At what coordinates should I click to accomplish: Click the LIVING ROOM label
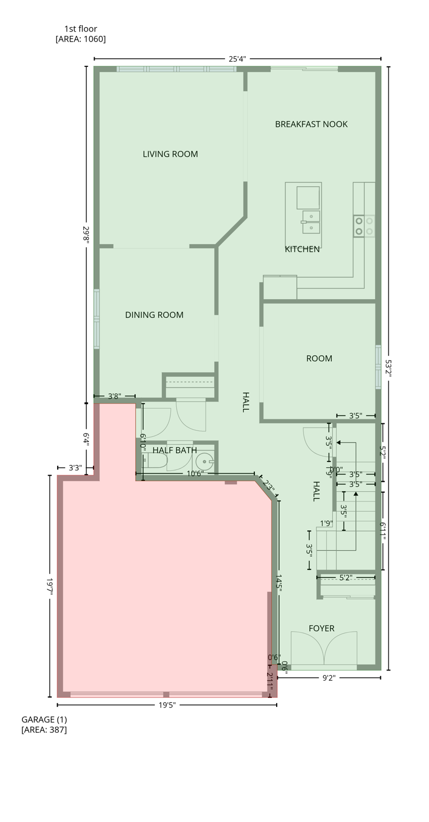coord(170,154)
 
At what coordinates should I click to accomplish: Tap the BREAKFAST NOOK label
coord(311,124)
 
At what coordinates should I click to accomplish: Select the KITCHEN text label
coord(302,249)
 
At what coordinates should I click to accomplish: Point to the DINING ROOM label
coord(154,315)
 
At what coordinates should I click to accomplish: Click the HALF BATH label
coord(175,450)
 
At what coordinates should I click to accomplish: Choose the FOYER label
coord(321,628)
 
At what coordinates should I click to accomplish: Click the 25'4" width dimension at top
coord(237,59)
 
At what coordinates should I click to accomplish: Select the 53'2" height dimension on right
coord(388,368)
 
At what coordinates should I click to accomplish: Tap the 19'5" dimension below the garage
coord(167,705)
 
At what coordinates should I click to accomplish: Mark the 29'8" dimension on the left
coord(86,234)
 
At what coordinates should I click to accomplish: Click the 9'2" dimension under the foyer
coord(329,678)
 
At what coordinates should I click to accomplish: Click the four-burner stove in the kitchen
coord(364,226)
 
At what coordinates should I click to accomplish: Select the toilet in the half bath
coord(154,460)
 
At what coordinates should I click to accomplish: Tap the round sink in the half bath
coord(205,461)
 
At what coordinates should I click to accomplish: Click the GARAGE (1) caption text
coord(44,719)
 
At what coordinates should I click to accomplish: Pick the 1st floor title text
coord(81,29)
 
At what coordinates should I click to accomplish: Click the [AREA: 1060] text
coord(81,39)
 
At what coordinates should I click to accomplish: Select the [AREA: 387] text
coord(44,729)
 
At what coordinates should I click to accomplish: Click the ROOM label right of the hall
coord(319,359)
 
